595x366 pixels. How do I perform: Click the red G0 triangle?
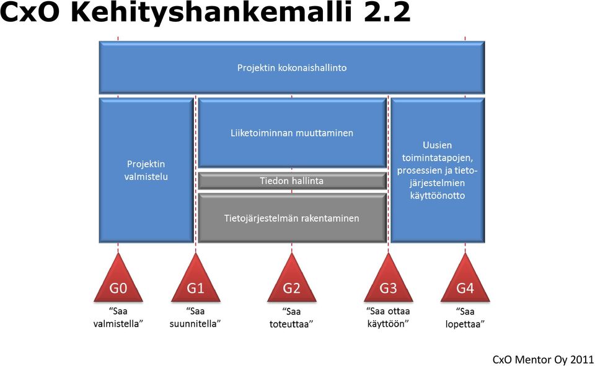click(118, 282)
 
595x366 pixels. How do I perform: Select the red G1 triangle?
click(195, 282)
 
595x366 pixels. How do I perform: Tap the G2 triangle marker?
click(291, 282)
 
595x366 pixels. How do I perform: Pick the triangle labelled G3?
click(388, 282)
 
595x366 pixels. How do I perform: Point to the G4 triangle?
click(465, 282)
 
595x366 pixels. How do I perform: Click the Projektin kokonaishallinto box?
click(292, 68)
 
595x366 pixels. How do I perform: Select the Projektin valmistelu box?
click(146, 170)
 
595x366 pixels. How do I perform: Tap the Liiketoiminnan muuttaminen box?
click(292, 133)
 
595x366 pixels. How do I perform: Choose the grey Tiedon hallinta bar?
click(292, 181)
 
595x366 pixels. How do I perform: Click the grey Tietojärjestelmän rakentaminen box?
click(292, 218)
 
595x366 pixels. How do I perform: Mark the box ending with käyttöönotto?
click(438, 170)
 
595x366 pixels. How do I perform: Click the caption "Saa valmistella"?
click(118, 318)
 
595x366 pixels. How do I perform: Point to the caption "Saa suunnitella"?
click(195, 318)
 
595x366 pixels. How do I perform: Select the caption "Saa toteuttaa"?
click(291, 318)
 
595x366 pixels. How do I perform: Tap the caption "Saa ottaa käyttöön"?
click(388, 318)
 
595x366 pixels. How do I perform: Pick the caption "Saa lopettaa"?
click(465, 318)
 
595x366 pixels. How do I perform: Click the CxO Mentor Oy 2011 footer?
click(543, 359)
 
